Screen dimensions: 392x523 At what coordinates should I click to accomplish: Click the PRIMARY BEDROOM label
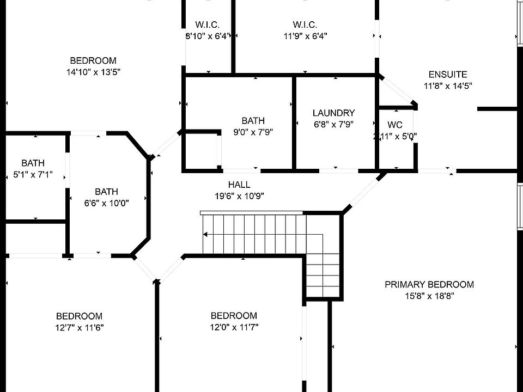tap(429, 284)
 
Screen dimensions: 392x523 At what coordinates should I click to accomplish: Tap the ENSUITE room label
tap(448, 75)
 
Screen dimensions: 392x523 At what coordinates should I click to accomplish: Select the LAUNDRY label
tap(333, 113)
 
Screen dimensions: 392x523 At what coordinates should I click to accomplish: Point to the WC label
tap(395, 125)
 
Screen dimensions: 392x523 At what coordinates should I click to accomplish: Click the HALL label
tap(239, 185)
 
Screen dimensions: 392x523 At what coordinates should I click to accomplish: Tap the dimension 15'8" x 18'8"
tap(429, 296)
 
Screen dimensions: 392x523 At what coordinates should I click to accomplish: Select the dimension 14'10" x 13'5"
tap(93, 72)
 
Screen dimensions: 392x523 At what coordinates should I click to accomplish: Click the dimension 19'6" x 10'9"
tap(239, 196)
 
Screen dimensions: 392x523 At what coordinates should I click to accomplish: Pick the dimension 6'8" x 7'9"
tap(333, 124)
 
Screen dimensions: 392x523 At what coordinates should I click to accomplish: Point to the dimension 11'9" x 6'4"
tap(305, 36)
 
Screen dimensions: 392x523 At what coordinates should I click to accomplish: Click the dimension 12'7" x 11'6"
tap(79, 327)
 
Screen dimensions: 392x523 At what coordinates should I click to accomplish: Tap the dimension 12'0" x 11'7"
tap(234, 327)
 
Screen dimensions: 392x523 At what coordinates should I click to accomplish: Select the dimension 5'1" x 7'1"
tap(33, 174)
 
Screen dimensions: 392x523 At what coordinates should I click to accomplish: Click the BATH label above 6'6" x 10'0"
tap(106, 192)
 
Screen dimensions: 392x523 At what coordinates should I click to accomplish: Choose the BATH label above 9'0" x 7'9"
tap(253, 121)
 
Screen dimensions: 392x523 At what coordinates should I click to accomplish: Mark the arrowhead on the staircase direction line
tap(205, 235)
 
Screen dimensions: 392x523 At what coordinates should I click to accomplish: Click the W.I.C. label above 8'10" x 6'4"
tap(207, 25)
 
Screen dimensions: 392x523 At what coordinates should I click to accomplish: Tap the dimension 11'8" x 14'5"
tap(448, 85)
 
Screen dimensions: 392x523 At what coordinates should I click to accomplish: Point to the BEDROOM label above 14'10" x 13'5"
tap(93, 60)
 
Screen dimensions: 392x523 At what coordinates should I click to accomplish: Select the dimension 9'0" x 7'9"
tap(253, 132)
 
